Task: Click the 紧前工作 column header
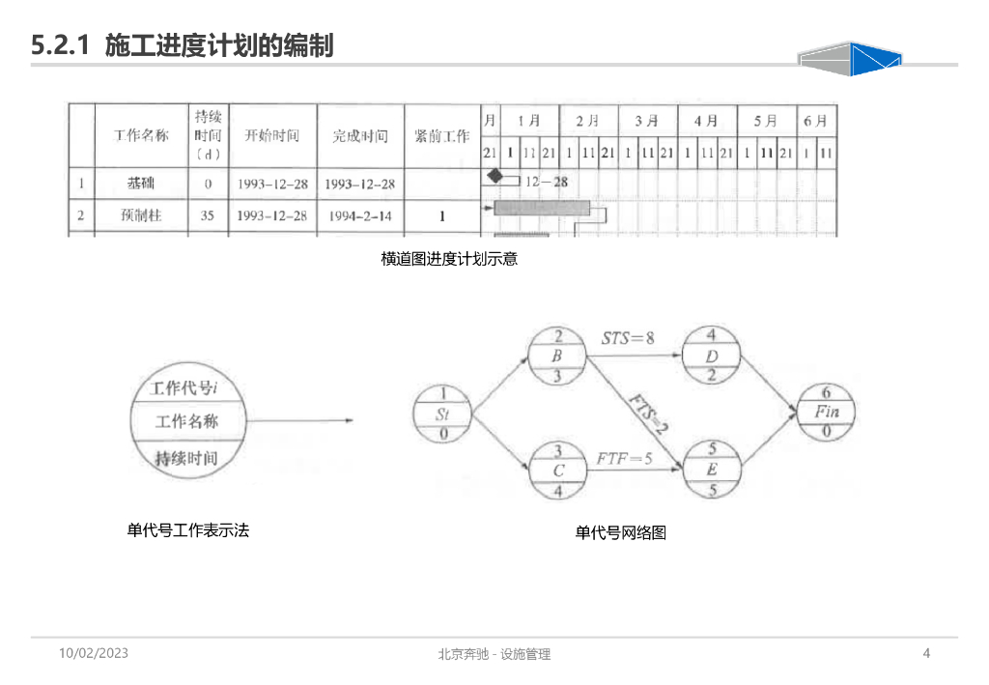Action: pyautogui.click(x=441, y=136)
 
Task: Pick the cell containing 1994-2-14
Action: pyautogui.click(x=360, y=216)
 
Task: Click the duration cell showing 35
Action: pyautogui.click(x=207, y=216)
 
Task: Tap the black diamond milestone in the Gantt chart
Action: pyautogui.click(x=495, y=177)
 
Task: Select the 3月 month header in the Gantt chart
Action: pyautogui.click(x=646, y=122)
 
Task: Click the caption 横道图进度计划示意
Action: pyautogui.click(x=449, y=259)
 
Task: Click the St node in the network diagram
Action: pyautogui.click(x=442, y=414)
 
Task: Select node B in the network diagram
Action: pyautogui.click(x=557, y=356)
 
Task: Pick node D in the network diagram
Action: pyautogui.click(x=711, y=356)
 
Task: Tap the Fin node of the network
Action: pyautogui.click(x=826, y=413)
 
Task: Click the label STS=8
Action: pyautogui.click(x=628, y=338)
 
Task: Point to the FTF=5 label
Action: pyautogui.click(x=623, y=459)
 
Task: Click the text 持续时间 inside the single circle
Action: pyautogui.click(x=186, y=459)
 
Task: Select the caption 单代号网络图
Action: pyautogui.click(x=620, y=532)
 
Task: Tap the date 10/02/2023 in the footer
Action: pyautogui.click(x=94, y=654)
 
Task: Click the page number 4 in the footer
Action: pyautogui.click(x=926, y=654)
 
